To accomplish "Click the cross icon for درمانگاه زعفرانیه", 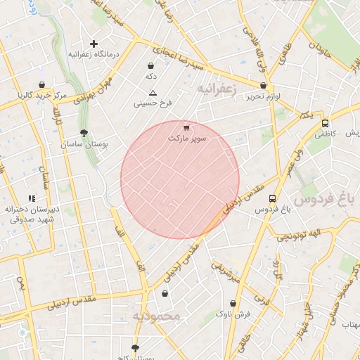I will coord(94,44).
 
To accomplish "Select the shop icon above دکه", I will coord(150,65).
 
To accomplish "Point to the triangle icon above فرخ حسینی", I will coord(153,94).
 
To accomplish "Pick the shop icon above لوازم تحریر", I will coord(263,86).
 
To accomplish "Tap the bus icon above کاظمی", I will coord(324,122).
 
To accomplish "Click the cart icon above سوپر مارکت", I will coord(186,128).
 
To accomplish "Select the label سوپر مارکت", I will coord(187,139).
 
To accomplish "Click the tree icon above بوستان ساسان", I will coord(84,133).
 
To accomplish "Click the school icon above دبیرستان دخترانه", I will coord(31,199).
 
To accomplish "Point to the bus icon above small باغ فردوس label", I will coord(272,198).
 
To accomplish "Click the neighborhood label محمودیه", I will coord(156,316).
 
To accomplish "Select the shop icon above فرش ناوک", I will coord(234,303).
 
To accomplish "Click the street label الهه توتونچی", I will coord(296,235).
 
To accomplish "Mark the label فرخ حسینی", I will coord(153,104).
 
